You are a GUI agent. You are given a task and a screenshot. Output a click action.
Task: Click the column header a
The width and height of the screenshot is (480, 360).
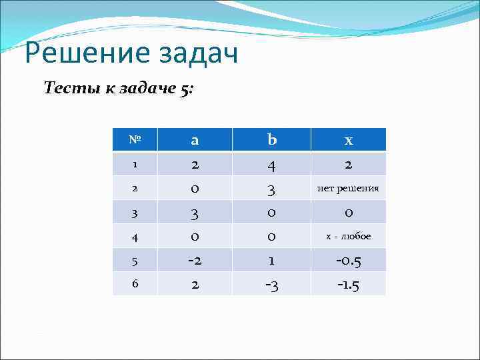click(x=195, y=140)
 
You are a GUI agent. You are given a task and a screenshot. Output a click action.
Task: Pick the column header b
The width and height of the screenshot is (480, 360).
click(x=271, y=140)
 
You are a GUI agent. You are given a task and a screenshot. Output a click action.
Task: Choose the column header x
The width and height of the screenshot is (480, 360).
click(x=348, y=140)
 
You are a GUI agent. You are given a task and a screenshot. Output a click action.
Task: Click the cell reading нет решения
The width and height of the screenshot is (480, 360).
click(x=348, y=189)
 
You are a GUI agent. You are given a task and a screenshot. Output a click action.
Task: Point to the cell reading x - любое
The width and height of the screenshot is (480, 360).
click(x=348, y=236)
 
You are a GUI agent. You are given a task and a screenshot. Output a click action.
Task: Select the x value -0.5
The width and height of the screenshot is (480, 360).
click(x=348, y=260)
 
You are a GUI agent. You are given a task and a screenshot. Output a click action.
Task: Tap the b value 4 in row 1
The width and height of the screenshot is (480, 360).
click(x=271, y=164)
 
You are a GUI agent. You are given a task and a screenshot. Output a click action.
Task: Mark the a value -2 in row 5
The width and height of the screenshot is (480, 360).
click(x=195, y=260)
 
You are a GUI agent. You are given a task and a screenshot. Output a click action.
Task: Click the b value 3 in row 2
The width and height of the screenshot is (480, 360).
click(x=271, y=189)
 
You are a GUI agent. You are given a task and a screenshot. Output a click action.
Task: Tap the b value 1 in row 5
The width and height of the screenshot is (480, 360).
click(x=271, y=260)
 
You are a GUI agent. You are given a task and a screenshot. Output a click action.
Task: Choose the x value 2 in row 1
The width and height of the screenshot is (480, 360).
click(x=348, y=164)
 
